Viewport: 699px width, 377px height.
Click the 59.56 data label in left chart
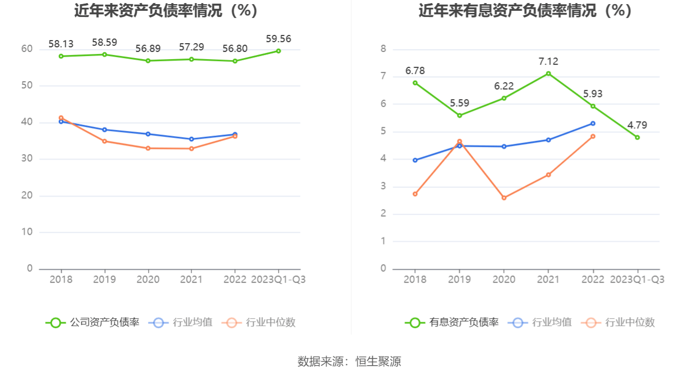pyautogui.click(x=279, y=39)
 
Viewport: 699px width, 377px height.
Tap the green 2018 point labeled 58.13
pyautogui.click(x=61, y=56)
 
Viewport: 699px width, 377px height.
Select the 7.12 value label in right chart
pyautogui.click(x=548, y=62)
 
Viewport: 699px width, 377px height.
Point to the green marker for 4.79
pyautogui.click(x=637, y=137)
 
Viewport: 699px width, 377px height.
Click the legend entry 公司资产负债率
pyautogui.click(x=93, y=323)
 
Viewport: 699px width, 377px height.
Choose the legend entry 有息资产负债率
pyautogui.click(x=452, y=323)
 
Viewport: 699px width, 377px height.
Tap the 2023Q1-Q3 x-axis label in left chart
pyautogui.click(x=278, y=279)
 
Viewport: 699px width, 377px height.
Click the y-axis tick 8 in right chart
pyautogui.click(x=383, y=49)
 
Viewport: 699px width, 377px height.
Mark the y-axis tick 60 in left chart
pyautogui.click(x=27, y=49)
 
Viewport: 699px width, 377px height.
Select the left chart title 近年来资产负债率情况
pyautogui.click(x=165, y=10)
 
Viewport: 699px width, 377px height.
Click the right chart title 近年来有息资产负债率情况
pyautogui.click(x=525, y=10)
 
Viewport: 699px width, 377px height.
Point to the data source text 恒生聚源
pyautogui.click(x=378, y=362)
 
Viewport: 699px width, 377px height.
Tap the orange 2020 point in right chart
pyautogui.click(x=504, y=198)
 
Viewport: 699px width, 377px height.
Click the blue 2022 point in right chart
pyautogui.click(x=593, y=123)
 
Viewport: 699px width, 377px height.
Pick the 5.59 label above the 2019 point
pyautogui.click(x=459, y=103)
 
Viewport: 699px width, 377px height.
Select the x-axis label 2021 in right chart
pyautogui.click(x=548, y=279)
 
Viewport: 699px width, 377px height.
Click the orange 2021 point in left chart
pyautogui.click(x=191, y=148)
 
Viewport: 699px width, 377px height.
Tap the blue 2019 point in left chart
pyautogui.click(x=104, y=129)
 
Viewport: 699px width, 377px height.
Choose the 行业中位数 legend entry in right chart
pyautogui.click(x=618, y=323)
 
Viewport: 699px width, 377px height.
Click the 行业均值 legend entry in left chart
pyautogui.click(x=180, y=323)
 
